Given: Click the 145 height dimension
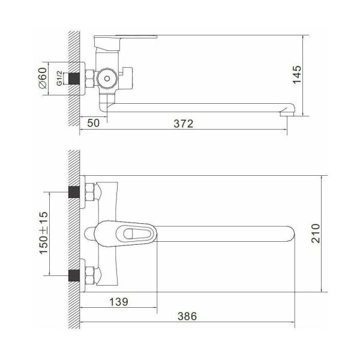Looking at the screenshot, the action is click(x=297, y=75).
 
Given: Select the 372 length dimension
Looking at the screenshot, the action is click(x=184, y=124).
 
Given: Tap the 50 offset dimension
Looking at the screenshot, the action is click(x=94, y=123).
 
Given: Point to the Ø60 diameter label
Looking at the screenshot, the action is click(x=43, y=78).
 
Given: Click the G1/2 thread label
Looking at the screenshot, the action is click(x=59, y=78).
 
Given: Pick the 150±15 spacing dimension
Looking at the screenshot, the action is click(x=44, y=233).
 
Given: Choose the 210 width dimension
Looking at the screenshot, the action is click(x=316, y=233).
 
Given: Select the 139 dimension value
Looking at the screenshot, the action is click(x=119, y=302).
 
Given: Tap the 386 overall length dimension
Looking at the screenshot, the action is click(x=187, y=316).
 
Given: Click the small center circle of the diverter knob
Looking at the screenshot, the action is click(x=107, y=79).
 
